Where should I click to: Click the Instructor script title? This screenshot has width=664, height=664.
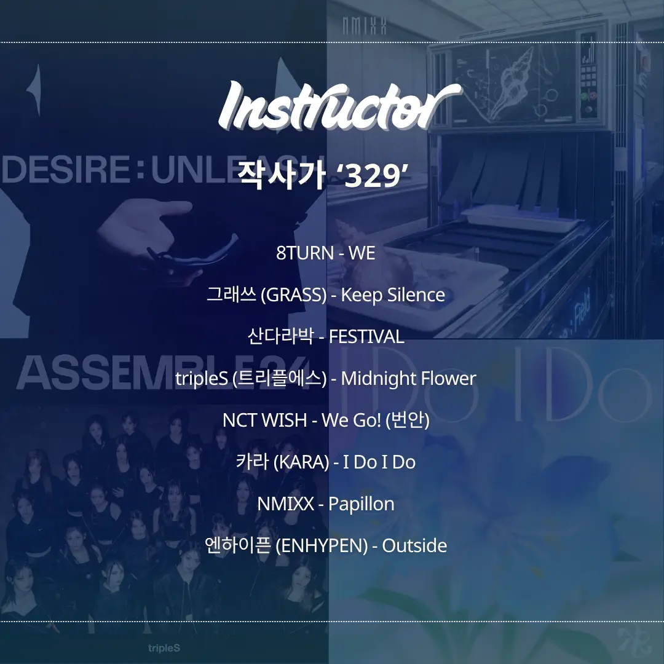tap(339, 106)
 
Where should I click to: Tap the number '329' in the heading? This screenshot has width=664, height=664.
tap(372, 175)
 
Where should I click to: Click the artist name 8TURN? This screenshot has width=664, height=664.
tap(305, 253)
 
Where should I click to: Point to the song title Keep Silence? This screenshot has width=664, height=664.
tap(393, 294)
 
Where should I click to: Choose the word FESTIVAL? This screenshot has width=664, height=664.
tap(366, 337)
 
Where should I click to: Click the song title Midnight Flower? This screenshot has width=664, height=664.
tap(409, 379)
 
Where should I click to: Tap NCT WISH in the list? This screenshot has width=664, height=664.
tap(264, 420)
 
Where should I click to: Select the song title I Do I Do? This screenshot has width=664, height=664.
tap(379, 462)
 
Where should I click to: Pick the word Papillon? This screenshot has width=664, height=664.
tap(362, 504)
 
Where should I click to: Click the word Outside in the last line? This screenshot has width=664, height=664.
tap(414, 545)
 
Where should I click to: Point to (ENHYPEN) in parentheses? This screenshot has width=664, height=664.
tap(322, 546)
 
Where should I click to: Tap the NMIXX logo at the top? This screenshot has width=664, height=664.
tap(364, 25)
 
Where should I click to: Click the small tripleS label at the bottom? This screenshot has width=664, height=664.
tap(164, 649)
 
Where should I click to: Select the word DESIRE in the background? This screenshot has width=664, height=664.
tap(66, 169)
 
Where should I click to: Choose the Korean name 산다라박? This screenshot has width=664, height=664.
tap(280, 337)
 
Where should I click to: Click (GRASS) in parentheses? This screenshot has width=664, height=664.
tap(293, 295)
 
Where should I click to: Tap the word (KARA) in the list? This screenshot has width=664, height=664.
tap(301, 462)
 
